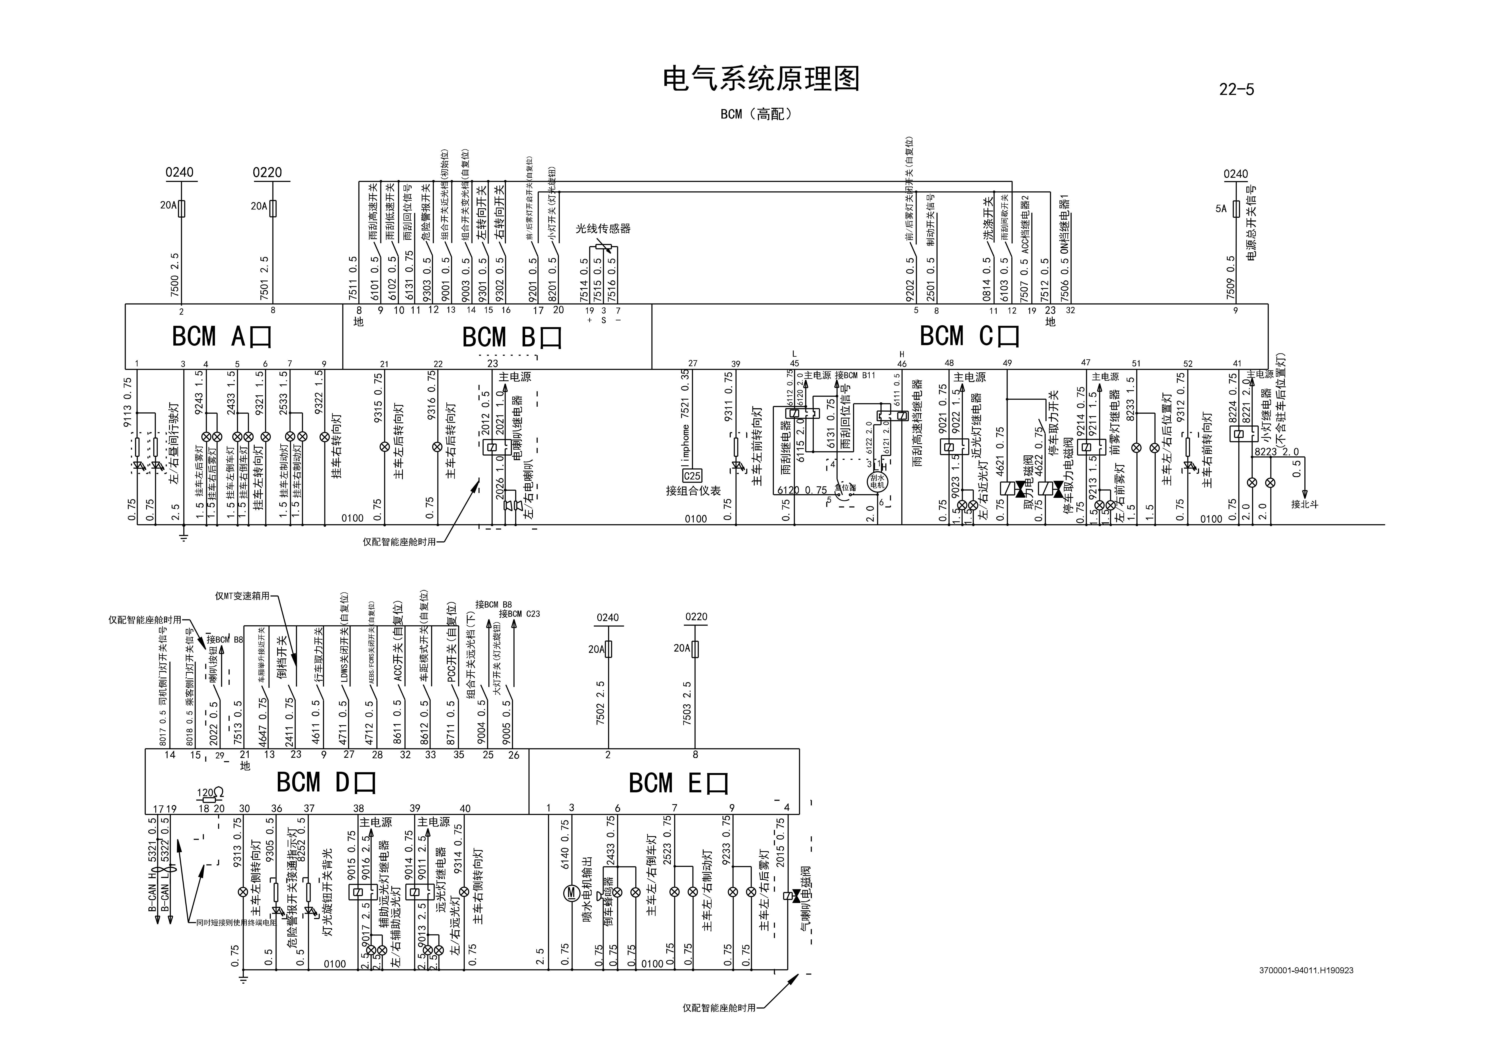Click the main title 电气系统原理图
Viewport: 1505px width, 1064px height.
pos(760,79)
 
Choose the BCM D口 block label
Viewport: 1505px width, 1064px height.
pos(326,782)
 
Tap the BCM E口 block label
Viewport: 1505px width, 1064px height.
pos(678,783)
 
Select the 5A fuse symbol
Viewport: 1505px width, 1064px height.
pos(1236,209)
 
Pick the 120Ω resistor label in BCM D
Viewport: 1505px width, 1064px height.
pos(210,793)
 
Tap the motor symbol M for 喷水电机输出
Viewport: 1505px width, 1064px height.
pos(570,892)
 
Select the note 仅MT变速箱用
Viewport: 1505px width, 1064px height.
pos(243,596)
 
